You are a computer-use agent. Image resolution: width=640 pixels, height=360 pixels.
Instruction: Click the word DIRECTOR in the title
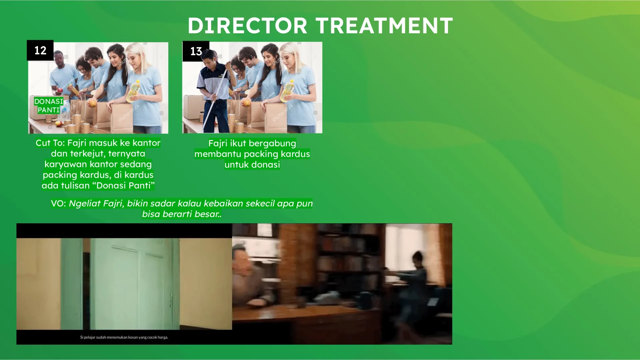(x=247, y=26)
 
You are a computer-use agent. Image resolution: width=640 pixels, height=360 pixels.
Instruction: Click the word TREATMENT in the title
(x=384, y=26)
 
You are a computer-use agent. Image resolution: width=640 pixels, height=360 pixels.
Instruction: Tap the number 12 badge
(x=40, y=50)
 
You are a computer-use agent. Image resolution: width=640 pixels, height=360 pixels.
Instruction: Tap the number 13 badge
(x=196, y=51)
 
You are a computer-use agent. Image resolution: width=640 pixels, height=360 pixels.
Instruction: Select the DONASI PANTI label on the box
(x=49, y=106)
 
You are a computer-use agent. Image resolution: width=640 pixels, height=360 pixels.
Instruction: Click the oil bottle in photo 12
(x=134, y=91)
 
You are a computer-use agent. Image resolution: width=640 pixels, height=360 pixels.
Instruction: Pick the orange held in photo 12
(x=92, y=103)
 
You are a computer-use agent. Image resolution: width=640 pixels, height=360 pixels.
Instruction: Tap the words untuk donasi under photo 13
(x=252, y=165)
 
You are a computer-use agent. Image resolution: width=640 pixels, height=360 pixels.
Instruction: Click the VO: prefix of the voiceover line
(x=58, y=204)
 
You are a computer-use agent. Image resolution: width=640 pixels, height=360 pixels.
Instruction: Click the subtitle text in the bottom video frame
(x=124, y=337)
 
